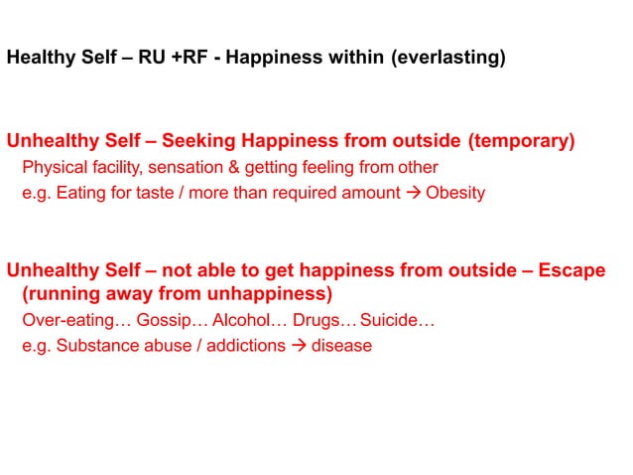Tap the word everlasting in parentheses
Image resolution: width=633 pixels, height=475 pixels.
(x=448, y=58)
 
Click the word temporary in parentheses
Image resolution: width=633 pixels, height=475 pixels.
(x=524, y=141)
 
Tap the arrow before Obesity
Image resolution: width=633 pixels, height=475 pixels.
(x=414, y=193)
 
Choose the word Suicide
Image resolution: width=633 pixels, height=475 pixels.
(x=395, y=321)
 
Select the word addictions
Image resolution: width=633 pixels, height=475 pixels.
(x=244, y=347)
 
